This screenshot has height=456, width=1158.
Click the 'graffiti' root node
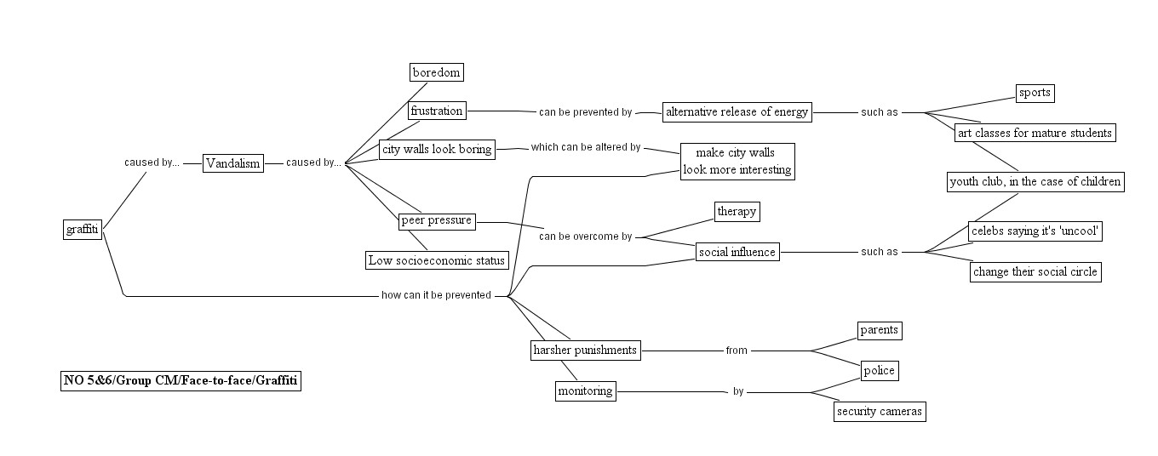[83, 230]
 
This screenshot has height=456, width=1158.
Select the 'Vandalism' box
[232, 163]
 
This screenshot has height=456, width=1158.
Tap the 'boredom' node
[437, 72]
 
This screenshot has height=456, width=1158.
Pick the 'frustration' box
[437, 111]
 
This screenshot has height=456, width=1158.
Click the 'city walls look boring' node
[438, 150]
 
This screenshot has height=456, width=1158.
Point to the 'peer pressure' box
[437, 221]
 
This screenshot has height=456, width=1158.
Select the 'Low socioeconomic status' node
[437, 260]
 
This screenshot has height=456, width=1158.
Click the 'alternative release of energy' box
[737, 111]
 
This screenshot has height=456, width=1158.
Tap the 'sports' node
[1035, 93]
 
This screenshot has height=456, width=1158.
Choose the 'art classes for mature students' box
[1034, 133]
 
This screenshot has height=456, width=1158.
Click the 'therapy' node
[737, 212]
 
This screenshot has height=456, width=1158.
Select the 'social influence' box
[737, 252]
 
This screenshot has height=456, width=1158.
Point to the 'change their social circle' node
[1035, 272]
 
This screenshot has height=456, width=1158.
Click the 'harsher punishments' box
[585, 350]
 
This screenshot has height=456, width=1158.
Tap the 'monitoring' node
[585, 391]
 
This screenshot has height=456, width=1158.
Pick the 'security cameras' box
[880, 412]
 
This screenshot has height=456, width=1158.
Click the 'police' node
[879, 371]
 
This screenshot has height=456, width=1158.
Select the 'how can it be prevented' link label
[436, 296]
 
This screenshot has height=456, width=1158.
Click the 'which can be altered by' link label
[586, 147]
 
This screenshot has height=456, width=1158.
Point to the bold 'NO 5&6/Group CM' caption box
[181, 381]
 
